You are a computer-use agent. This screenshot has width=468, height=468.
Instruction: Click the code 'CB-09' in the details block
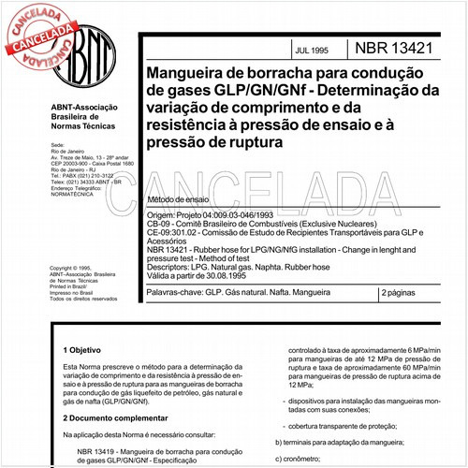pos(159,225)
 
